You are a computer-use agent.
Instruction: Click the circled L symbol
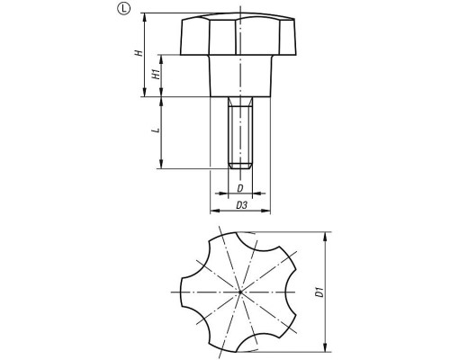pos(123,10)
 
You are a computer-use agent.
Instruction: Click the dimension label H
pos(139,53)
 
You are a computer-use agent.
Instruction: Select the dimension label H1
pos(156,74)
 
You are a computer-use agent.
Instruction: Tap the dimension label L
pos(156,130)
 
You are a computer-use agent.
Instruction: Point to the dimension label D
pos(240,188)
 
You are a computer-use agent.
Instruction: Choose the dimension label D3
pos(241,205)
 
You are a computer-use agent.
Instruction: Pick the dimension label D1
pos(320,292)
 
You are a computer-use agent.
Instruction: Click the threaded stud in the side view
pos(240,132)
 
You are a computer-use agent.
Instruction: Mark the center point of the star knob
pos(240,292)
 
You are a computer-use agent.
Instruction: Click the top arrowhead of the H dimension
pos(145,17)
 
